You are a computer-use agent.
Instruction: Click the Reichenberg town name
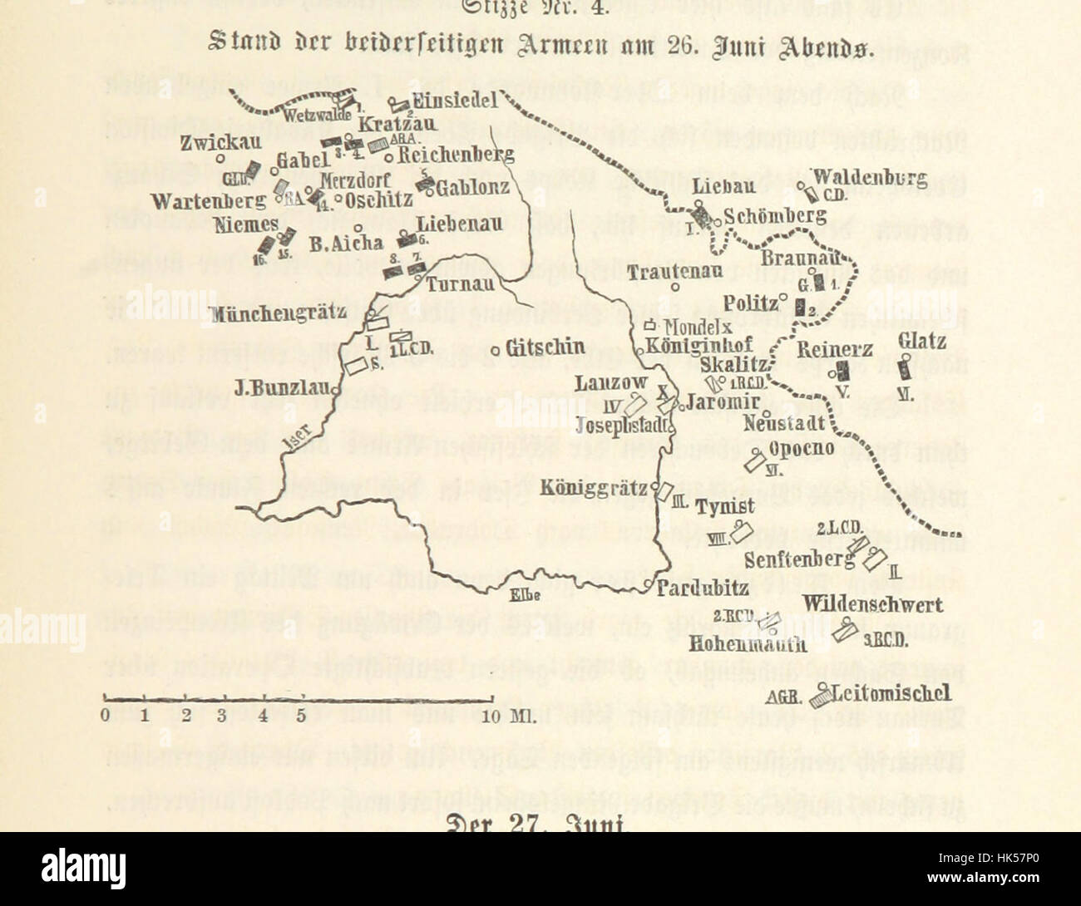coord(456,155)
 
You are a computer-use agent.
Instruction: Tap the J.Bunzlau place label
coord(283,387)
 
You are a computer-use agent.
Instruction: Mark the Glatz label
coord(922,342)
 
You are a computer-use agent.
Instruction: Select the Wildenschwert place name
coord(873,603)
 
